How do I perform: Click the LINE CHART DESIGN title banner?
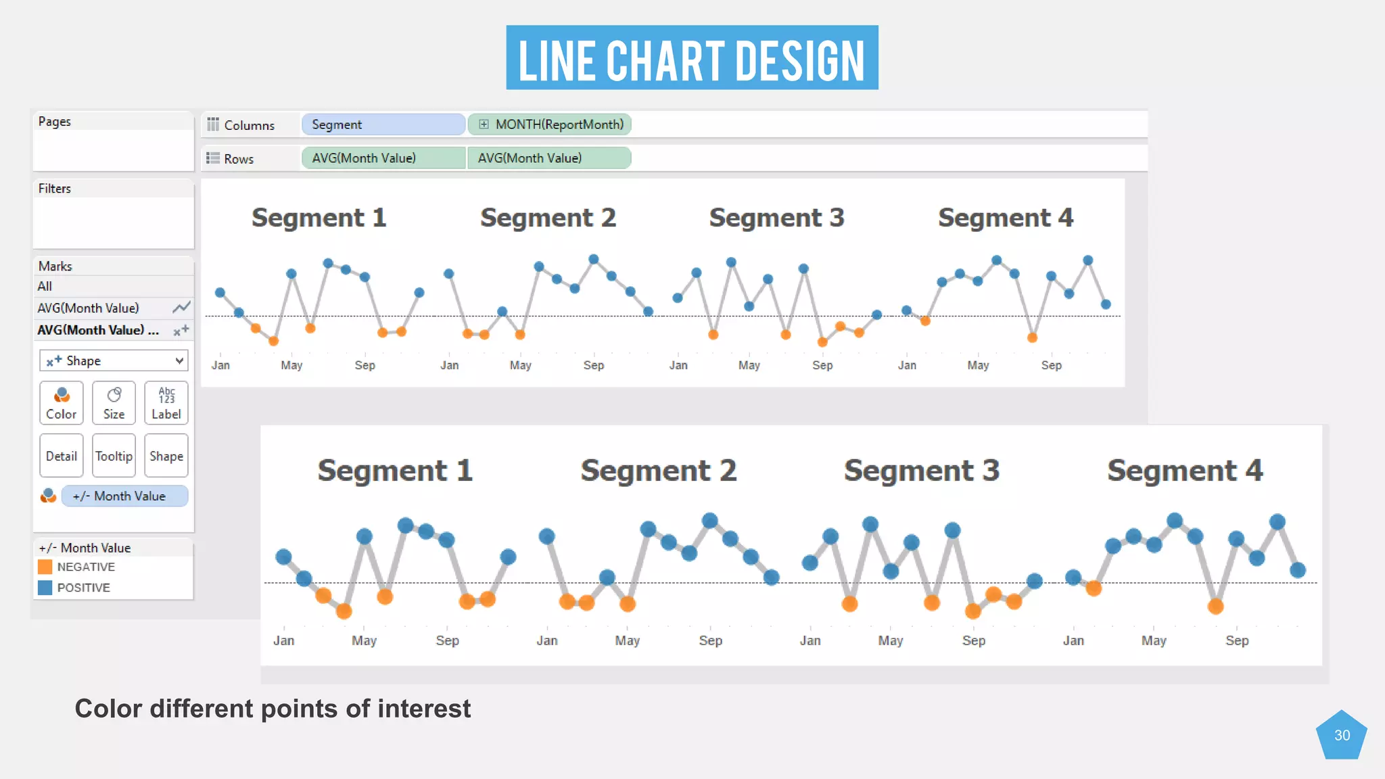692,58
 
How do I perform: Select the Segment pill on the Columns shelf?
383,124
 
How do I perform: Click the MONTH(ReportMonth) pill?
550,124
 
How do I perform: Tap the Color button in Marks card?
62,403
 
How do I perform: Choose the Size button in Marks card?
114,403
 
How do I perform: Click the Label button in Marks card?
166,403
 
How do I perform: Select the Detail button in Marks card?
62,456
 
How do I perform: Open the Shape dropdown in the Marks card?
114,360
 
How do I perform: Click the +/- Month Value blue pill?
124,496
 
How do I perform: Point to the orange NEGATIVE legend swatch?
45,567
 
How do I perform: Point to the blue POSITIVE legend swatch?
45,588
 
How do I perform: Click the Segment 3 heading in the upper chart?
776,218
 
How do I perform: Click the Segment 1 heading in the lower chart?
395,470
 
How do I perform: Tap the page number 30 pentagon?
1342,735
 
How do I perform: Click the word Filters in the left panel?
55,189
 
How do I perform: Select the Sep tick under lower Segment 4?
1237,640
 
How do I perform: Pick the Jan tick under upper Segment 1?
220,365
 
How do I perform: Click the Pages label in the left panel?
55,122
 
